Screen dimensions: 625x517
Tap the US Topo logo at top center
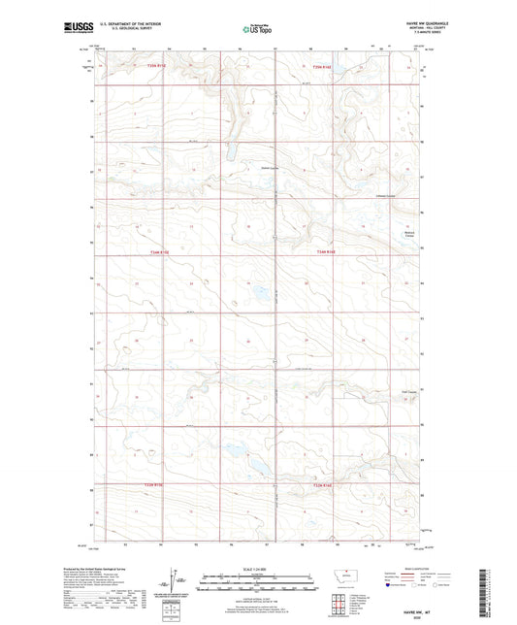tap(257, 30)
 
